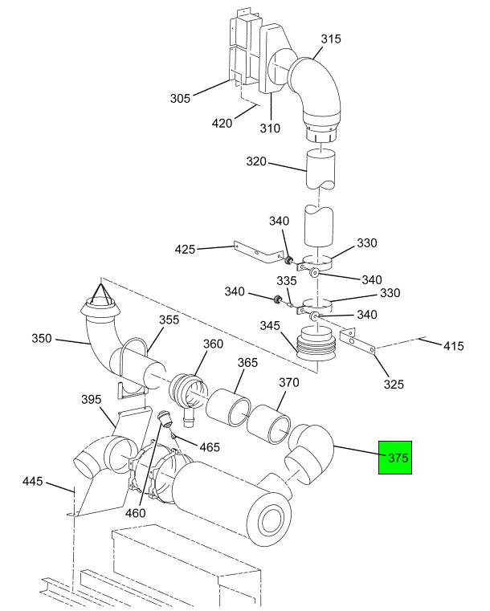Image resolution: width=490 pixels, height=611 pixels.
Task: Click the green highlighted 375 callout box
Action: coord(395,458)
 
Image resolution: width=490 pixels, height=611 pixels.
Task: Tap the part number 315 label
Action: coord(331,39)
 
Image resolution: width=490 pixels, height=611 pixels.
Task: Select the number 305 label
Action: coord(180,98)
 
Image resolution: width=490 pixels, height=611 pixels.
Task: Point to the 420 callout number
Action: coord(222,123)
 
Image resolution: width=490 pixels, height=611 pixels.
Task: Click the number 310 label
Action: coord(270,128)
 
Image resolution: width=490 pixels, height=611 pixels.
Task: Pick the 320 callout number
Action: coord(256,161)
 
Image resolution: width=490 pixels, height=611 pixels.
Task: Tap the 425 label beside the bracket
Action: coord(185,249)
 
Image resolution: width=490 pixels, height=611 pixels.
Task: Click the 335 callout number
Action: coord(287,280)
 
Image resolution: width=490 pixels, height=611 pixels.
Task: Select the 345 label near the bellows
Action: coord(270,325)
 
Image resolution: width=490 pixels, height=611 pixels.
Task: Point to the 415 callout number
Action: coord(454,346)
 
